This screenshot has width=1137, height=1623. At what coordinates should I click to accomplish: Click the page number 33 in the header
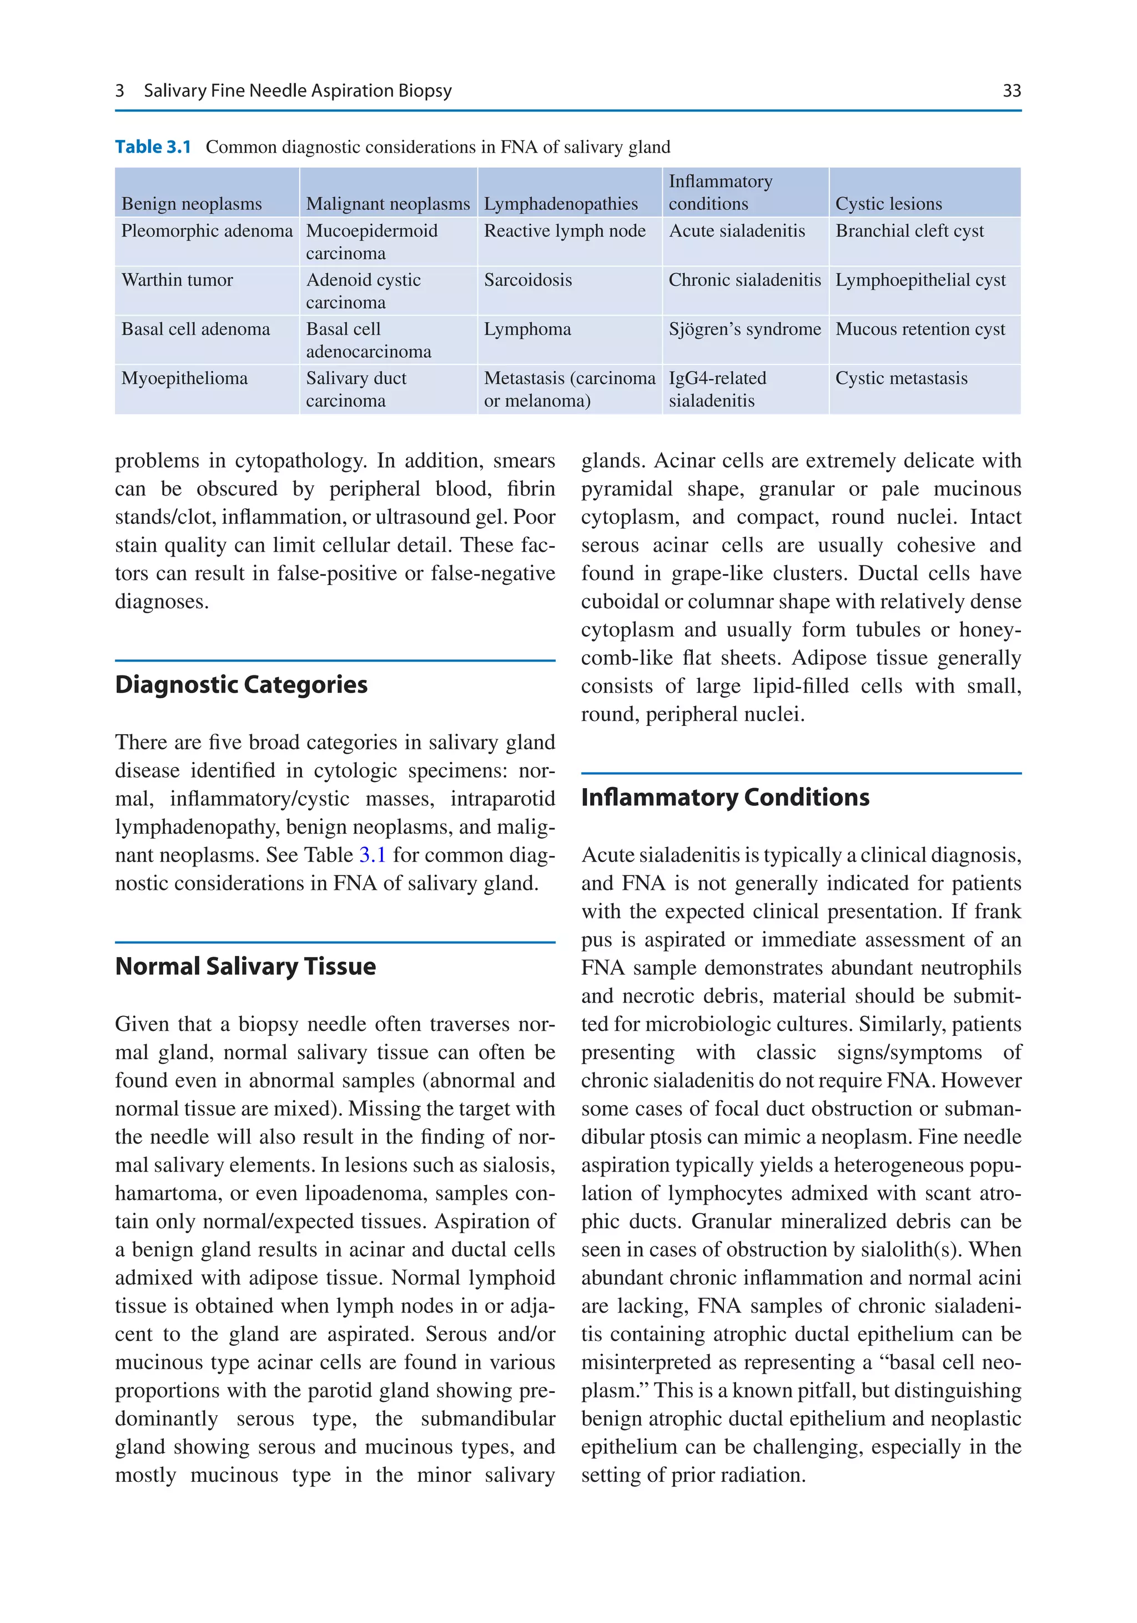pyautogui.click(x=1011, y=91)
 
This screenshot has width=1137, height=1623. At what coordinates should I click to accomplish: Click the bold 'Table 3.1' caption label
pyautogui.click(x=153, y=147)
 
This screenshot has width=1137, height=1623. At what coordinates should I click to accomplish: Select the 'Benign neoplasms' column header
pyautogui.click(x=192, y=204)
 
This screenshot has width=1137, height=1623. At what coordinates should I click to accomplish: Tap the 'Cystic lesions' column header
pyautogui.click(x=888, y=204)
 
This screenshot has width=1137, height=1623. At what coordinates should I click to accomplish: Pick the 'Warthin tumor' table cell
pyautogui.click(x=177, y=280)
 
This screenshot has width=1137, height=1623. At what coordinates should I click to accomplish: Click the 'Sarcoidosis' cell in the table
pyautogui.click(x=528, y=280)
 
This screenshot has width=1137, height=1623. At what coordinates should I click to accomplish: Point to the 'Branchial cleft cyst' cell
pyautogui.click(x=909, y=231)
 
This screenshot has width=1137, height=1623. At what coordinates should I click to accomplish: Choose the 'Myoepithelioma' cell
pyautogui.click(x=184, y=378)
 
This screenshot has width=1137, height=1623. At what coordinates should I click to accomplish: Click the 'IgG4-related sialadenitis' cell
pyautogui.click(x=717, y=389)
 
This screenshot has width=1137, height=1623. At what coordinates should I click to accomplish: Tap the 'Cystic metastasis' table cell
pyautogui.click(x=901, y=378)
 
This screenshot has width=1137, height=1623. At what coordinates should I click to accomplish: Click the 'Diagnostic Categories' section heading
pyautogui.click(x=241, y=685)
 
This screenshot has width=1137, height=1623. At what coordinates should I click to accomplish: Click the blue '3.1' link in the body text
pyautogui.click(x=373, y=855)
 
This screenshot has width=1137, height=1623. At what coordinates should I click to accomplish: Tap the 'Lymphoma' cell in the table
pyautogui.click(x=527, y=329)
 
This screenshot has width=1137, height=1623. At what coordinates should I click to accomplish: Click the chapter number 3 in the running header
pyautogui.click(x=119, y=91)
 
